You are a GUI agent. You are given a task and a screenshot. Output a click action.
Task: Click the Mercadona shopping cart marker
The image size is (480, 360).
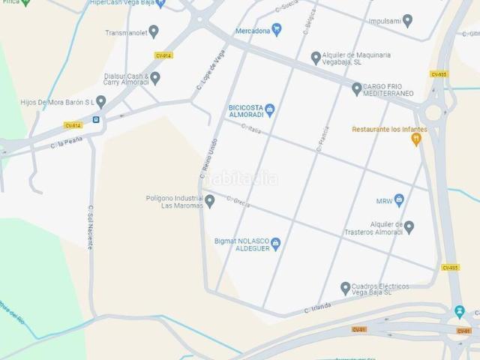(277, 30)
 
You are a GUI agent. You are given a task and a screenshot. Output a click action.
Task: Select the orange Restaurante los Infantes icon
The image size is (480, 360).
(416, 139)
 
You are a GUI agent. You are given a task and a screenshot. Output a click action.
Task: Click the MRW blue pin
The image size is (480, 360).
(399, 200)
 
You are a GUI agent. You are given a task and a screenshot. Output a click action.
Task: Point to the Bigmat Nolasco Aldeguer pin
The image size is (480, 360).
(275, 243)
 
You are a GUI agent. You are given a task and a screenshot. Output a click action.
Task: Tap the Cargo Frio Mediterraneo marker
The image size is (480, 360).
(357, 88)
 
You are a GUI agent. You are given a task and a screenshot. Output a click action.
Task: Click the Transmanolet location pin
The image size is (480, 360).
(154, 31)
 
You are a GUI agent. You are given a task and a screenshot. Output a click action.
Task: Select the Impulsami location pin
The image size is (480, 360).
(408, 21)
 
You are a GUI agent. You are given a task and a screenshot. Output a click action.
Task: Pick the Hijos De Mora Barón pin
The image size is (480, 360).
(100, 101)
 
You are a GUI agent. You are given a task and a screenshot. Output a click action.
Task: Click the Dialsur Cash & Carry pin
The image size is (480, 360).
(155, 77)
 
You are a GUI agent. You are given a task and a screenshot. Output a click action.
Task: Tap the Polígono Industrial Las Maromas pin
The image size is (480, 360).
(210, 200)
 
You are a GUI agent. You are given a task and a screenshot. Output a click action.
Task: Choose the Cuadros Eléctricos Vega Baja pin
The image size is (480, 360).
(346, 287)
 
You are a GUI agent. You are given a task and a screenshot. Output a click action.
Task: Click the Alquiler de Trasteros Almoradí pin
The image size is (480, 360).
(409, 226)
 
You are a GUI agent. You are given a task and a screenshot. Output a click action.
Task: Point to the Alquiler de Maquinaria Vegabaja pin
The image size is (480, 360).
(316, 57)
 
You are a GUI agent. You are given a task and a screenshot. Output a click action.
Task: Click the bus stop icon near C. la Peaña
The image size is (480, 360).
(96, 119)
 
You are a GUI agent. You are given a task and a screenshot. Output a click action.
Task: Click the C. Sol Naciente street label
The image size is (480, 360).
(91, 229)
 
